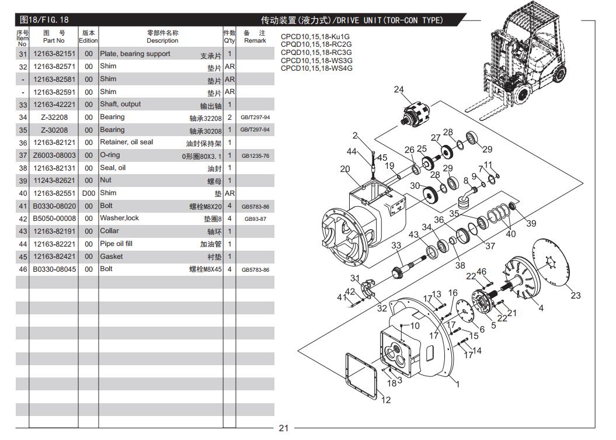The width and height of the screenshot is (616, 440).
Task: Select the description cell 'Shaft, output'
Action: click(120, 105)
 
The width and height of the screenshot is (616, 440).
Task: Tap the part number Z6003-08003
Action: click(54, 155)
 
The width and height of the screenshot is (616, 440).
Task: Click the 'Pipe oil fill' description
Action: click(116, 244)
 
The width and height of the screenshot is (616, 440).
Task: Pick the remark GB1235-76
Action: click(255, 156)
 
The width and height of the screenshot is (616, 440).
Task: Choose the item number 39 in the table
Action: click(23, 181)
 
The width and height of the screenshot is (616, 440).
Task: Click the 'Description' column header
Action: click(162, 37)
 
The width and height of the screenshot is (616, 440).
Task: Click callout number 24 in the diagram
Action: click(399, 89)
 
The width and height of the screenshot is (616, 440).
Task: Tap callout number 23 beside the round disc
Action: click(576, 295)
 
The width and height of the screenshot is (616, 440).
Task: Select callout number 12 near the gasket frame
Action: click(386, 400)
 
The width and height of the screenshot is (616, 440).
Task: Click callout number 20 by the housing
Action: click(345, 169)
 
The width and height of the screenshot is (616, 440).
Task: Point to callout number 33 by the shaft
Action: click(396, 245)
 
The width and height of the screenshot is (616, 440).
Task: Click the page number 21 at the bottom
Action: click(284, 428)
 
